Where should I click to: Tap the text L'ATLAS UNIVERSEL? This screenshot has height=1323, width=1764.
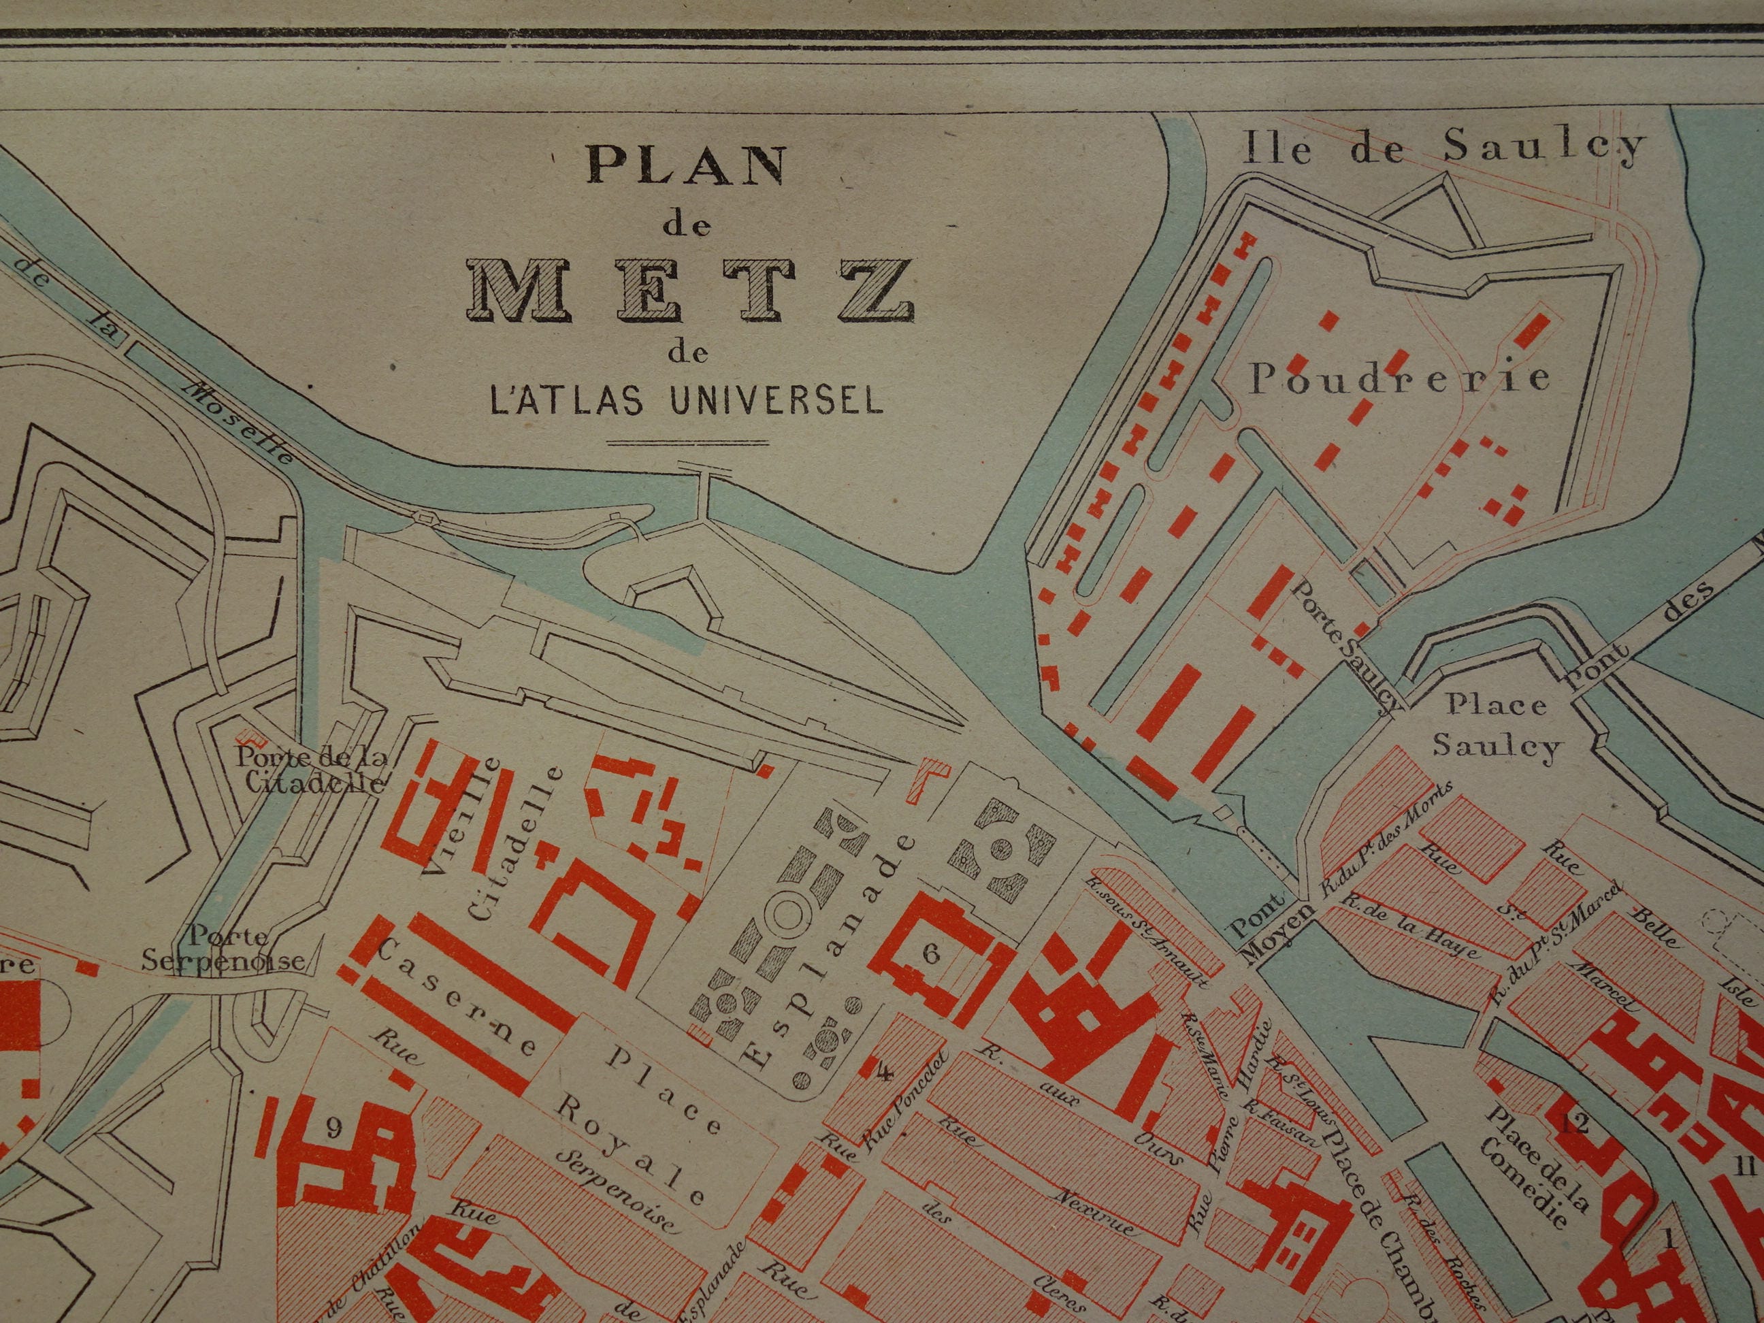point(687,399)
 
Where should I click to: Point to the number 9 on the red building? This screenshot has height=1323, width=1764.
point(333,1128)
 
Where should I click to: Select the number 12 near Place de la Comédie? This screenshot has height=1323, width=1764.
point(1575,1124)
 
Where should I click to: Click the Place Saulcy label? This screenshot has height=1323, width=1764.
point(1496,725)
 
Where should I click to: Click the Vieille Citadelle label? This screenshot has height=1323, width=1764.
point(495,857)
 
